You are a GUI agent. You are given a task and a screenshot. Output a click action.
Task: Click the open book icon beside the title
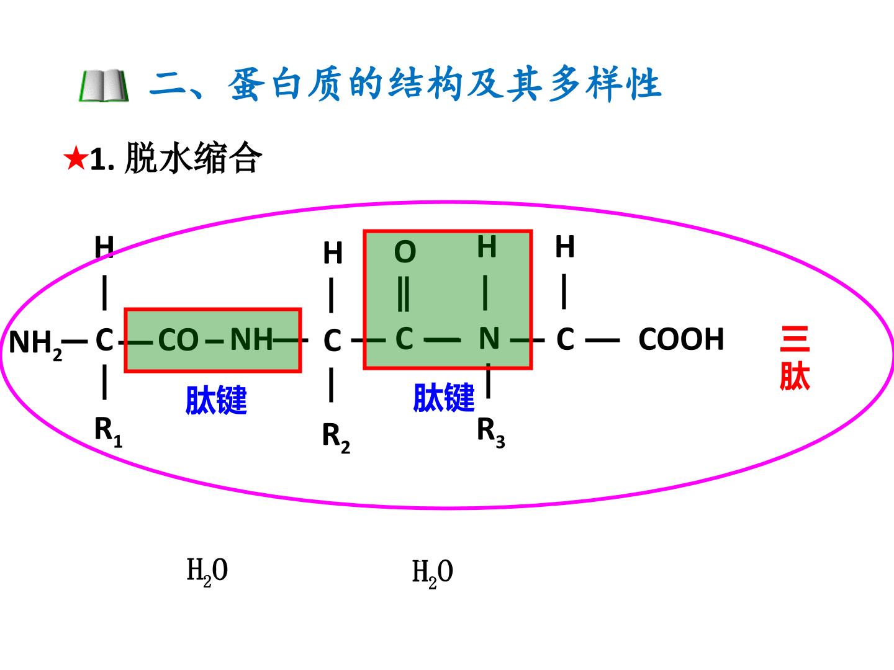pos(104,86)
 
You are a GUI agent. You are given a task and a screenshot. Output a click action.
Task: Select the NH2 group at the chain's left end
pos(35,344)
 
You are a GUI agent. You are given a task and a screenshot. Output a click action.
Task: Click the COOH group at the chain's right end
pos(681,339)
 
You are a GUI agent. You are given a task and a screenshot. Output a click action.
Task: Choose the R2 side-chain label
pos(336,438)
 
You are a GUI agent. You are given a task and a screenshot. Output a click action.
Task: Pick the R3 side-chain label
pos(491,433)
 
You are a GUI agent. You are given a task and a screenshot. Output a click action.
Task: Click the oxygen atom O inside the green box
pos(405,252)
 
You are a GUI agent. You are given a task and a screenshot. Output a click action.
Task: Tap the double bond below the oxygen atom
pos(403,294)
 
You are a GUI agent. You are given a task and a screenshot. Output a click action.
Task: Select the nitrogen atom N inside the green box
pos(489,339)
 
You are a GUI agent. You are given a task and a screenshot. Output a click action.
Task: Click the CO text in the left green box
pos(178,340)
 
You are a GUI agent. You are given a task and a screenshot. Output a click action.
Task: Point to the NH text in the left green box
pos(251,339)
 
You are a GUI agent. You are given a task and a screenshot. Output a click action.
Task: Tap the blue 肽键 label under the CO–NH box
pos(216,400)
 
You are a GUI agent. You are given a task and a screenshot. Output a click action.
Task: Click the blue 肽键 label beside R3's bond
pos(443,398)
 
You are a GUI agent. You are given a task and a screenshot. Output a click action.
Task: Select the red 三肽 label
pos(795,358)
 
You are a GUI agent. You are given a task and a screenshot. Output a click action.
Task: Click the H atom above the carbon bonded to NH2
pos(104,246)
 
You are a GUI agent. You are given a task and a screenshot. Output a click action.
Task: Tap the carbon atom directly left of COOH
pos(566,339)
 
